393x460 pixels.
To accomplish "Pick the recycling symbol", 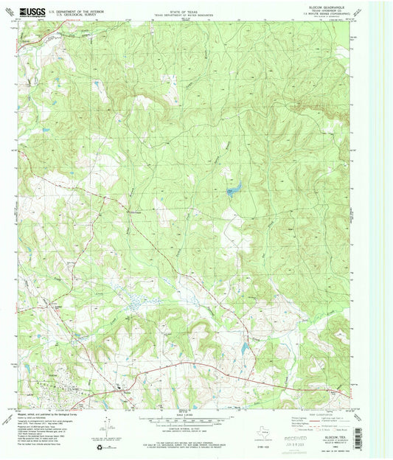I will coord(110,446).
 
